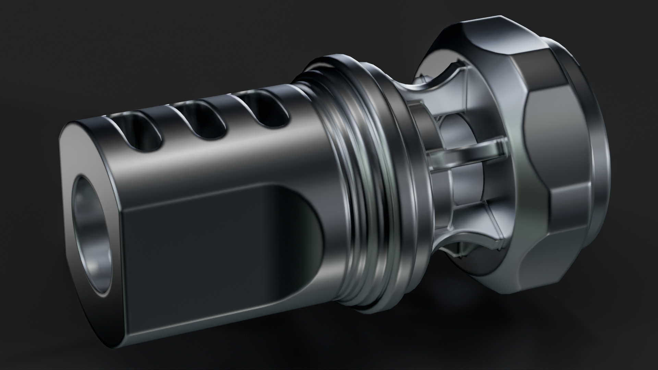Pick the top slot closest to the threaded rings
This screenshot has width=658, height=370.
(264, 110)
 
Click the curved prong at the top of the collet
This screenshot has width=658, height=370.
(442, 81)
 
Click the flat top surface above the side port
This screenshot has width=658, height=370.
(212, 161)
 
